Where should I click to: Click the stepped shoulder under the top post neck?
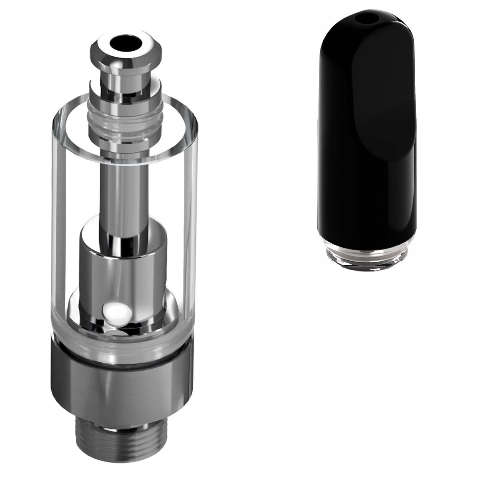(x=124, y=88)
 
